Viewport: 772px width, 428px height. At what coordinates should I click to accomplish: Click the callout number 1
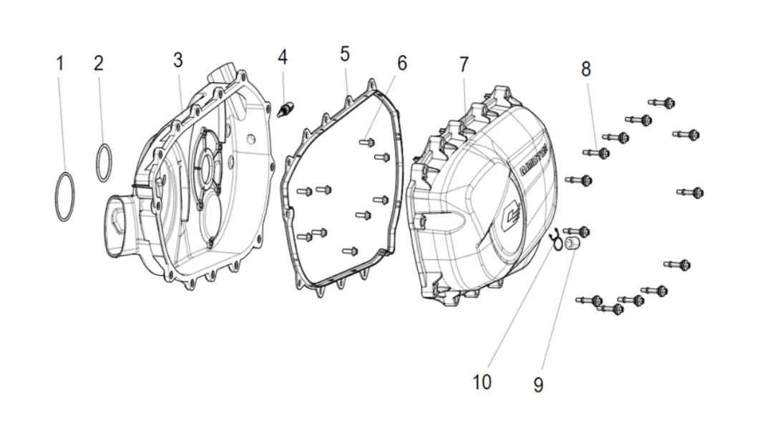60,63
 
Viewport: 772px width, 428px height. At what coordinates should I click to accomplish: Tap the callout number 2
99,63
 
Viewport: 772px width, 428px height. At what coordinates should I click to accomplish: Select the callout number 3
178,60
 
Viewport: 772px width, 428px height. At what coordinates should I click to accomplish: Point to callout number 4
283,57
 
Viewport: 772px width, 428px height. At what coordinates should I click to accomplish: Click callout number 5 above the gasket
345,54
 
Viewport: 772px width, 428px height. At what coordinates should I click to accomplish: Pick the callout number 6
401,63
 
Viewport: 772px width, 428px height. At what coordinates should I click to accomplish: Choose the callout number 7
464,64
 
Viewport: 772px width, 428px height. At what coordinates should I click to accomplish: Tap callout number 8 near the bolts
586,69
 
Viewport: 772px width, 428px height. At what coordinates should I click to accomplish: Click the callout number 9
538,385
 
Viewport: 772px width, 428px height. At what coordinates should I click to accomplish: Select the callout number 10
482,382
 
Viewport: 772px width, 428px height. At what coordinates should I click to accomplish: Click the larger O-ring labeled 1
64,196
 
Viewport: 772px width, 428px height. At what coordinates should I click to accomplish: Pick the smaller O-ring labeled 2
104,163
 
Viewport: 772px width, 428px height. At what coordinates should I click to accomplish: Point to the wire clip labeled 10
554,238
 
